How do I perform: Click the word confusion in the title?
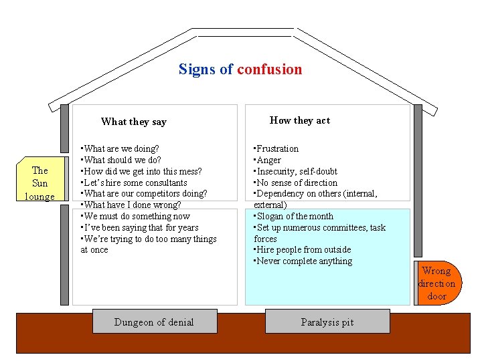269,70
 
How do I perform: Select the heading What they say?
133,122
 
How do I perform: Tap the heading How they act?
299,120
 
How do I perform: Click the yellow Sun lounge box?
40,183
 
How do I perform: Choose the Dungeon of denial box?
154,322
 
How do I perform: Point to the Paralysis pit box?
327,322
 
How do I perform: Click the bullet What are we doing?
120,148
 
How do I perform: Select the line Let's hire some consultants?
134,183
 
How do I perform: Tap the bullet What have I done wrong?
131,205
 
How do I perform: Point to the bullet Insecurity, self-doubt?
295,171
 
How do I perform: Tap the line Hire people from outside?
302,250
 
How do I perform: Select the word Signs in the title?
197,70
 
